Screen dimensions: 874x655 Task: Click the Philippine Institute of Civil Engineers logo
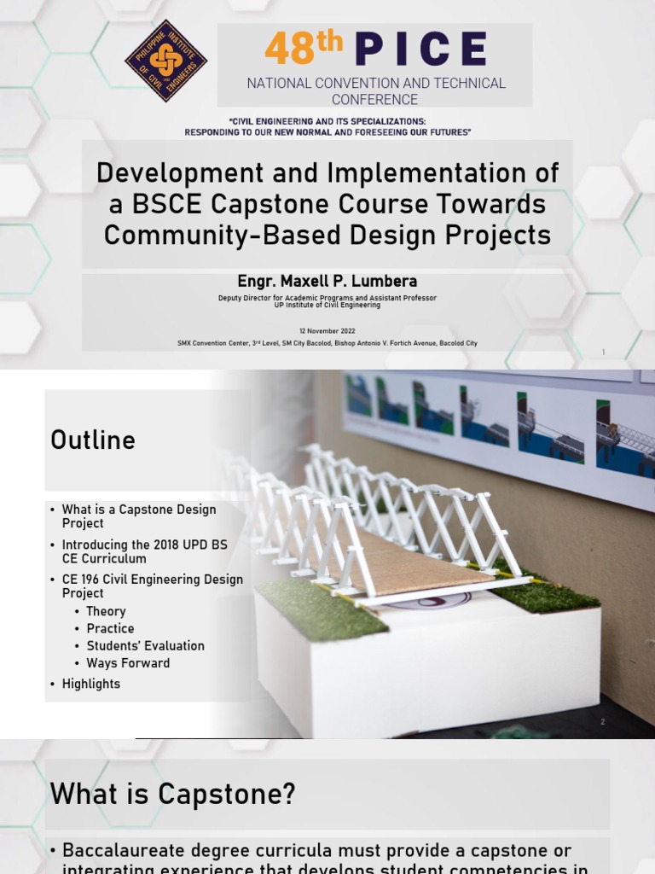click(x=165, y=61)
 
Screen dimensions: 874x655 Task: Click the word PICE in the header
click(x=421, y=49)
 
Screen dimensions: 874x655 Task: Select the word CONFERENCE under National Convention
click(x=375, y=99)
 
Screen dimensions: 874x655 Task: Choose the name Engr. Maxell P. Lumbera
click(x=327, y=281)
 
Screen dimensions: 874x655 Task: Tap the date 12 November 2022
click(x=327, y=331)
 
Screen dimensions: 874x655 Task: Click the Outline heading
click(x=93, y=440)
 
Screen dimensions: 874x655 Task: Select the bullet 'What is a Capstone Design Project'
click(x=139, y=516)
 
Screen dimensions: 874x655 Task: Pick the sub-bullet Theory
click(x=106, y=611)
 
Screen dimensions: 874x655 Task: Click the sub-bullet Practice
click(x=110, y=628)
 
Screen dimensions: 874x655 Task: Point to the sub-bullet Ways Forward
click(x=128, y=663)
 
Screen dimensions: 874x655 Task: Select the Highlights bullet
click(x=91, y=684)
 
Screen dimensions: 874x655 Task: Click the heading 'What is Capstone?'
click(x=173, y=795)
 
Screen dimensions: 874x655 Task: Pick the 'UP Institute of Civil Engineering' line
click(x=327, y=304)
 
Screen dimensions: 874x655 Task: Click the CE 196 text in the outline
click(x=83, y=580)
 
